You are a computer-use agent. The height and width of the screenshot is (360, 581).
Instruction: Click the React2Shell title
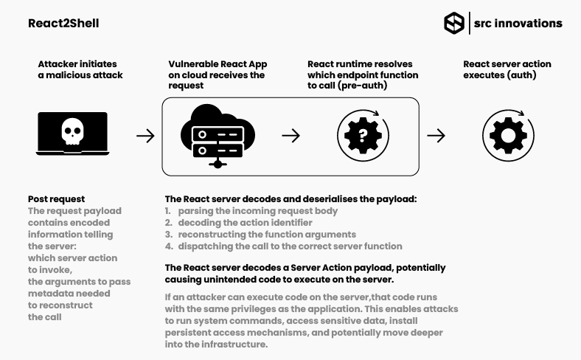63,24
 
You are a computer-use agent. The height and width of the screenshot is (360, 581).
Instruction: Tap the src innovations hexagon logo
454,23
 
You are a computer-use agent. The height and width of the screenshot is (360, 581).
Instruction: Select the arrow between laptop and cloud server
145,136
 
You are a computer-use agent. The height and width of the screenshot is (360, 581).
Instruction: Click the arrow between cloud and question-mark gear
291,136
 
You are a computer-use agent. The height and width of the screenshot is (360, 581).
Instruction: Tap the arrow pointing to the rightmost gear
436,136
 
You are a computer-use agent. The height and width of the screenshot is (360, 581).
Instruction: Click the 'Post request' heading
57,199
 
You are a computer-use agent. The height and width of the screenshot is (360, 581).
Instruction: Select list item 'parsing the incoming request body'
257,211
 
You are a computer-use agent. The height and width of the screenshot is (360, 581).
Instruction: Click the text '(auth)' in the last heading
522,75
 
